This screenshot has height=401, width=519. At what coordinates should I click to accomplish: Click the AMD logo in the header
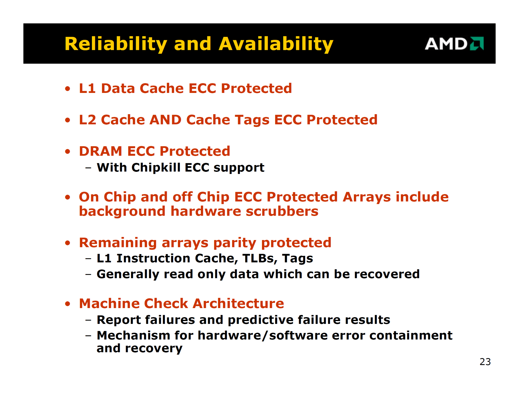tap(454, 44)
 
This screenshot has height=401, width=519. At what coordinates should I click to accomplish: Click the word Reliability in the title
tap(116, 44)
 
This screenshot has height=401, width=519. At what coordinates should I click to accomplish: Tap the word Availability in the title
tap(276, 44)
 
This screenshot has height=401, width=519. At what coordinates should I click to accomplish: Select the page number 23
tap(485, 362)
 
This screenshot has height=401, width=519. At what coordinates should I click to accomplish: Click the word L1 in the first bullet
tap(87, 88)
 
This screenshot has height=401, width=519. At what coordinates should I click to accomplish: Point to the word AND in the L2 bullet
tap(166, 120)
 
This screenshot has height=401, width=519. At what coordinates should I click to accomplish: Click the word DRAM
tap(100, 151)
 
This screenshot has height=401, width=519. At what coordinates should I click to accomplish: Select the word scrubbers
tap(282, 211)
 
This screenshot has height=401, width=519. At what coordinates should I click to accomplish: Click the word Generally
tap(128, 274)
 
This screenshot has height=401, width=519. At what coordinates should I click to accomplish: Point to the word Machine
tap(109, 303)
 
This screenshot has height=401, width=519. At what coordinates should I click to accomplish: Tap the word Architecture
tap(238, 303)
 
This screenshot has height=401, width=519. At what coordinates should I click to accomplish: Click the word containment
tap(411, 335)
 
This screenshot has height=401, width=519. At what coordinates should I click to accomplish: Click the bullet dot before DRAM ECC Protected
tap(68, 151)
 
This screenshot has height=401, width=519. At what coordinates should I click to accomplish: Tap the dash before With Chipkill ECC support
tap(88, 168)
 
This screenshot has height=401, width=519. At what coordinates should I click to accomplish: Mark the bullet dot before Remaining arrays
tap(68, 243)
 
